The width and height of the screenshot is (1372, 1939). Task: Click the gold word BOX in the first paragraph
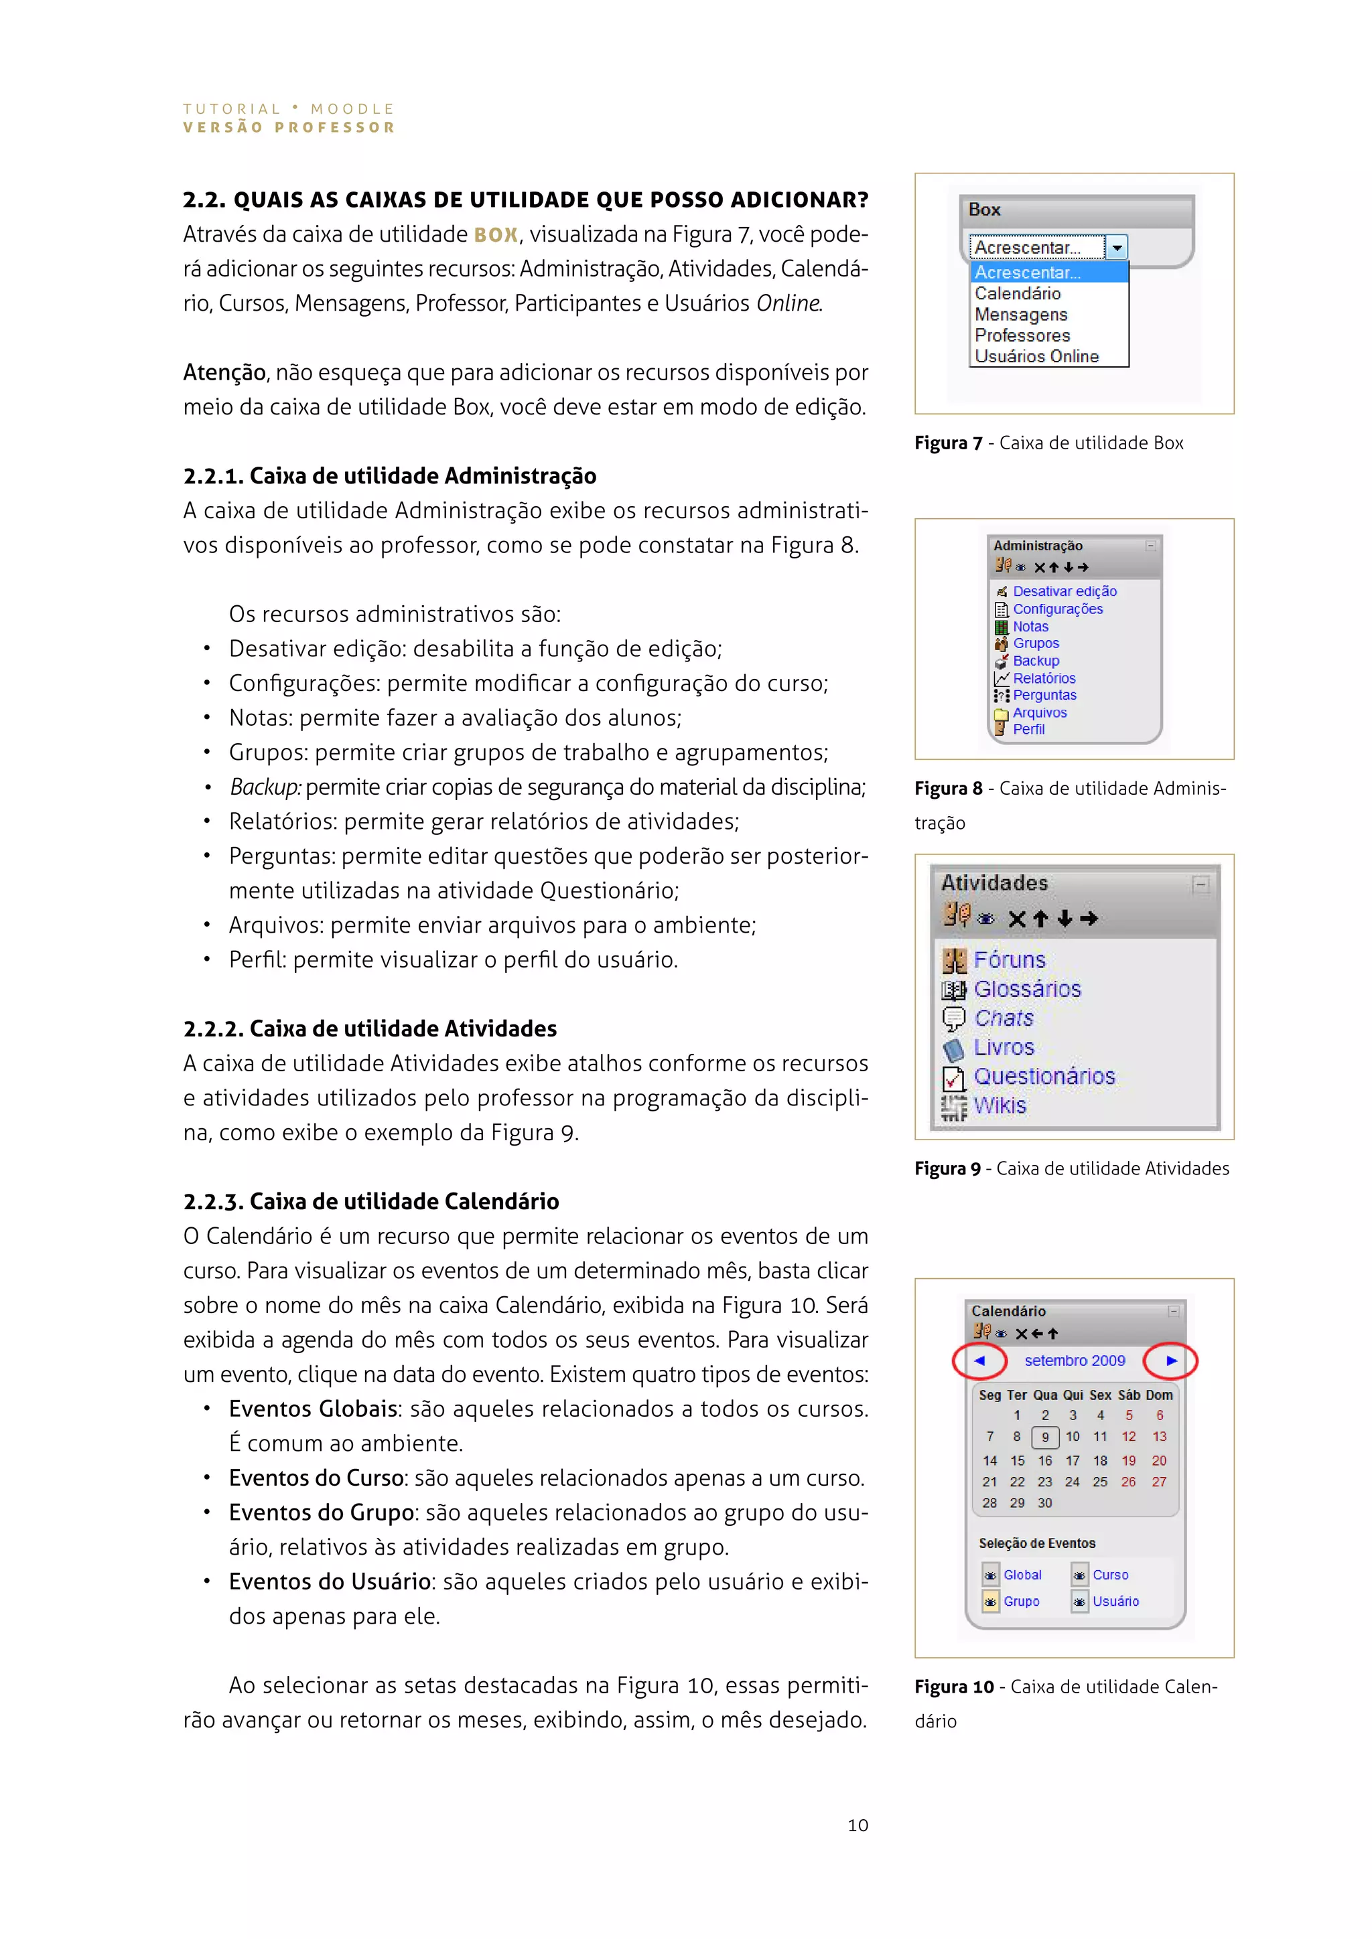pyautogui.click(x=496, y=235)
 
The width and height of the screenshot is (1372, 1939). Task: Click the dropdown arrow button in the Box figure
pyautogui.click(x=1117, y=248)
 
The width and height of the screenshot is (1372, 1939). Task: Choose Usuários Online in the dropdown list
pyautogui.click(x=1036, y=356)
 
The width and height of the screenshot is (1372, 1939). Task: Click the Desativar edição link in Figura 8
pyautogui.click(x=1065, y=591)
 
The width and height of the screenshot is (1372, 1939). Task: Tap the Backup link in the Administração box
pyautogui.click(x=1036, y=660)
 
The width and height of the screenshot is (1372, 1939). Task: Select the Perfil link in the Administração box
pyautogui.click(x=1029, y=729)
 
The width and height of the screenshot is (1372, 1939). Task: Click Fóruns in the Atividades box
pyautogui.click(x=1010, y=960)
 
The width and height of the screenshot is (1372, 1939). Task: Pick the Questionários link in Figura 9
pyautogui.click(x=1044, y=1077)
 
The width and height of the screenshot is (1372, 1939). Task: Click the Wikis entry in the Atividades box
pyautogui.click(x=1000, y=1105)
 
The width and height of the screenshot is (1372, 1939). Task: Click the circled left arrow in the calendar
pyautogui.click(x=979, y=1361)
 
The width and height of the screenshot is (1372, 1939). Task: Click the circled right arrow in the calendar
pyautogui.click(x=1171, y=1361)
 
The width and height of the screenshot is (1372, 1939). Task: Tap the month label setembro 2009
pyautogui.click(x=1075, y=1361)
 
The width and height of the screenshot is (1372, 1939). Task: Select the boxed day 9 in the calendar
pyautogui.click(x=1045, y=1438)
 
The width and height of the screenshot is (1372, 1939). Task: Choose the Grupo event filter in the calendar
pyautogui.click(x=1022, y=1601)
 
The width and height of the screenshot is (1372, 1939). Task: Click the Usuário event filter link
pyautogui.click(x=1115, y=1601)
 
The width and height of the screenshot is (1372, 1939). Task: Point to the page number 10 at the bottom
pyautogui.click(x=857, y=1825)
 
